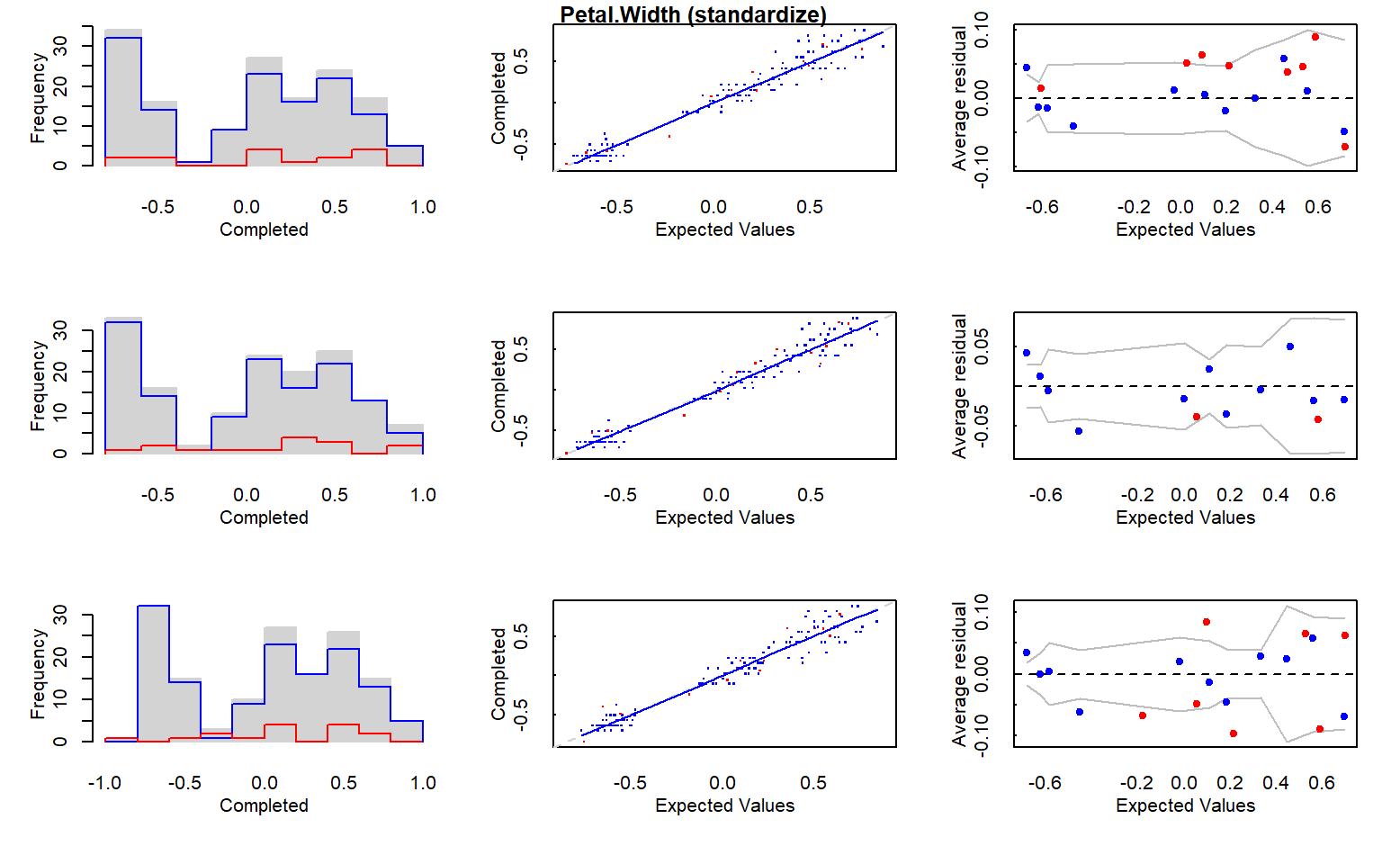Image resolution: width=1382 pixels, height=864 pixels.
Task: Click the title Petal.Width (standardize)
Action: [x=693, y=14]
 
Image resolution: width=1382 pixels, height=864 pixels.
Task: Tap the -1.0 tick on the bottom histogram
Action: [x=104, y=783]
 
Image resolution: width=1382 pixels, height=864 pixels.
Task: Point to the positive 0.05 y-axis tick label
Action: [x=982, y=346]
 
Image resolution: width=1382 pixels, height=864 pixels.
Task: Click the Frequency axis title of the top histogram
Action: [x=37, y=97]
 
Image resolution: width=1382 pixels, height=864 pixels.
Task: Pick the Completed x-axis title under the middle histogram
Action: [x=264, y=517]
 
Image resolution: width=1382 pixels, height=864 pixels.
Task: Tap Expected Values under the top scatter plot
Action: [x=724, y=229]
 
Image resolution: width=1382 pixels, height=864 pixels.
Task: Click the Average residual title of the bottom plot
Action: [x=959, y=674]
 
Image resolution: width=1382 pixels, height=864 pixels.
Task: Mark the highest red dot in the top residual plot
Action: [x=1315, y=37]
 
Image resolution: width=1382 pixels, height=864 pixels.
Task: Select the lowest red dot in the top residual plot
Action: [x=1345, y=147]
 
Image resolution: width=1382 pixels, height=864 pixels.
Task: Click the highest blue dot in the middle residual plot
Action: [x=1290, y=346]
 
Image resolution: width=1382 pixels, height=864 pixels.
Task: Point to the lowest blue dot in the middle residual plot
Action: [x=1079, y=431]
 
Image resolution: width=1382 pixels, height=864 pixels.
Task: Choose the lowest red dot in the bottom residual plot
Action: [x=1234, y=733]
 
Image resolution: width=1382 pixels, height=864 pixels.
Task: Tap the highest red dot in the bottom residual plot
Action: [x=1207, y=622]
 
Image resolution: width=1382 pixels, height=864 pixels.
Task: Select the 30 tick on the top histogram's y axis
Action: [x=60, y=45]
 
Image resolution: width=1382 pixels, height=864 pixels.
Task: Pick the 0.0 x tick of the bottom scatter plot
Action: [x=722, y=783]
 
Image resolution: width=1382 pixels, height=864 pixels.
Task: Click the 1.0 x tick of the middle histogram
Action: [x=423, y=495]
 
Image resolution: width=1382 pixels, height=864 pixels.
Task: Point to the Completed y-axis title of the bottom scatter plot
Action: [x=498, y=674]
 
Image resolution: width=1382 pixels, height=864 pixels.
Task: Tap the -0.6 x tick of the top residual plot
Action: [x=1042, y=207]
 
